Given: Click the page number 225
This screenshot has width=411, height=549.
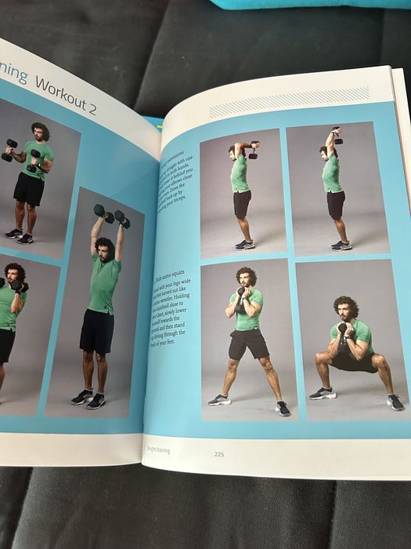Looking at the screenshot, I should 218,453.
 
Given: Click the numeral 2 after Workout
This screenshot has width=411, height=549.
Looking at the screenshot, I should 92,109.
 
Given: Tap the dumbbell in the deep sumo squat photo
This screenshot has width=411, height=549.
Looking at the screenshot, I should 343,330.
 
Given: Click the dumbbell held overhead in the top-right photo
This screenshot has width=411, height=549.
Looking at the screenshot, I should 336,135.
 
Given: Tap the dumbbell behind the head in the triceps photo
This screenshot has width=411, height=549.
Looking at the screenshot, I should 254,151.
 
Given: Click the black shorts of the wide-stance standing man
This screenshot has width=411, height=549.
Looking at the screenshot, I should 247,344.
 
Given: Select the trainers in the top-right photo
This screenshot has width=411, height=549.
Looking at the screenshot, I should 341,245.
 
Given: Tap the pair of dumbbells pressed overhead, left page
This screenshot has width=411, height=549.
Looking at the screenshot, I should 111,214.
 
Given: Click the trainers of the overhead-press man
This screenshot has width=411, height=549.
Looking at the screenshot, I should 88,399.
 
